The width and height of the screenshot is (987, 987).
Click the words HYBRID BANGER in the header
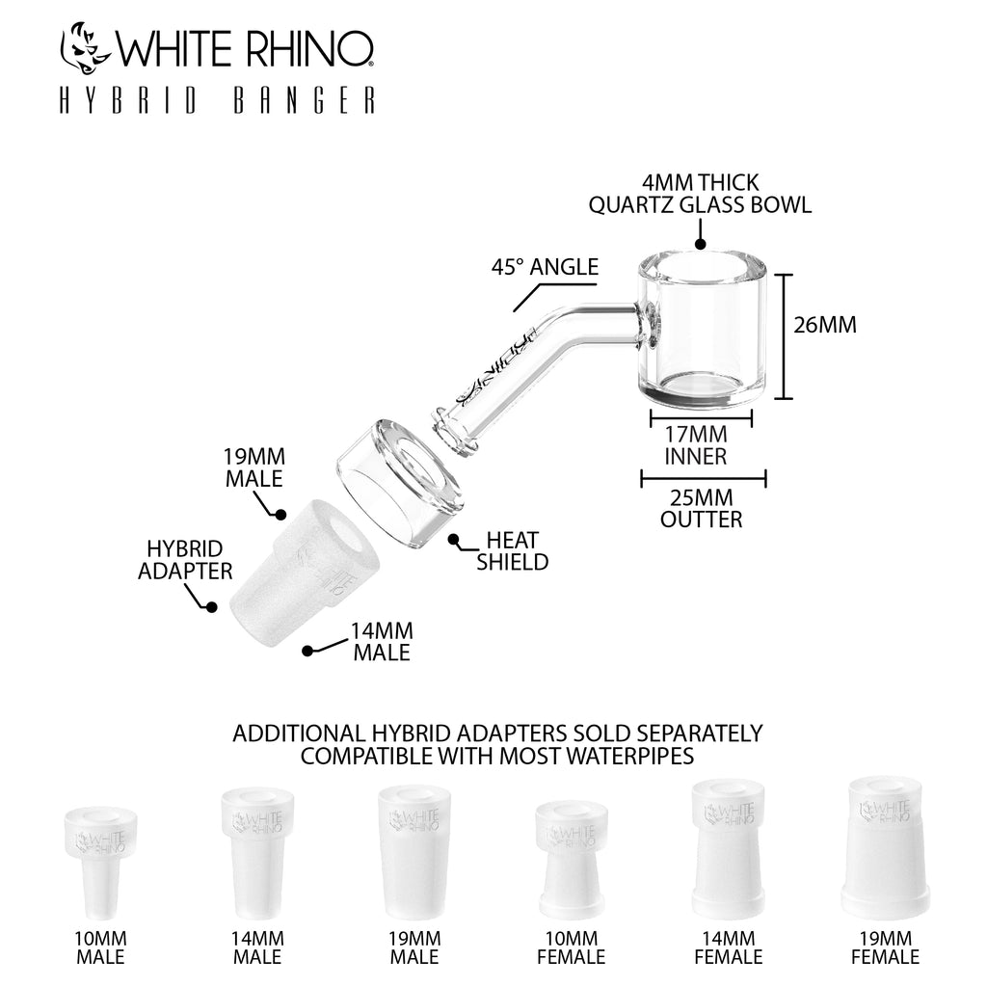(x=217, y=102)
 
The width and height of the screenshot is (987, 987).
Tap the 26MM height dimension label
(x=824, y=325)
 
